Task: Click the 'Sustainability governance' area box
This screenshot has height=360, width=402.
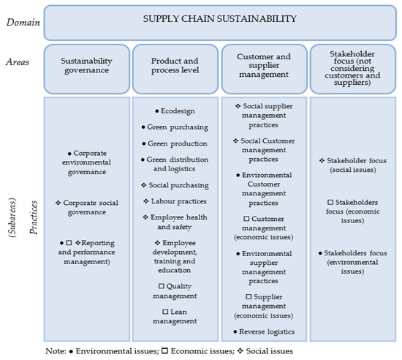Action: pyautogui.click(x=86, y=67)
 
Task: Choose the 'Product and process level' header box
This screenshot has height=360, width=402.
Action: pyautogui.click(x=175, y=67)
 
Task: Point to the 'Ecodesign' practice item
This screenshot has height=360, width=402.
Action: pyautogui.click(x=176, y=111)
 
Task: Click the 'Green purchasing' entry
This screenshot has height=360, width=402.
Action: pyautogui.click(x=175, y=127)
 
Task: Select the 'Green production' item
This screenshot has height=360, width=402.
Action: pyautogui.click(x=175, y=143)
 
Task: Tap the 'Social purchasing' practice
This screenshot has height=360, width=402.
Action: pyautogui.click(x=176, y=185)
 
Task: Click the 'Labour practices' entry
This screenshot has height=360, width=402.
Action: pyautogui.click(x=176, y=201)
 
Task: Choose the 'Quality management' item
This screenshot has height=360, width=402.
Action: pyautogui.click(x=175, y=290)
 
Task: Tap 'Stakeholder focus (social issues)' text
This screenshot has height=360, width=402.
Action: pyautogui.click(x=353, y=165)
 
